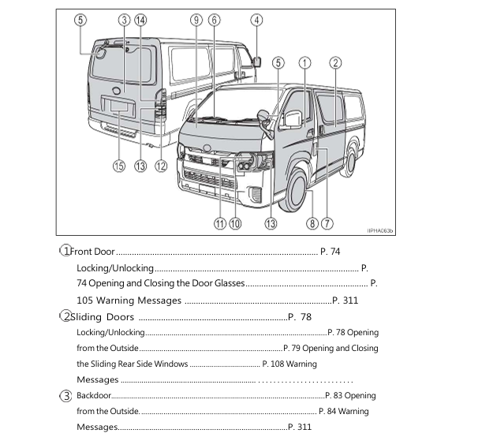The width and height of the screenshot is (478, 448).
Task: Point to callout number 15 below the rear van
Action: pyautogui.click(x=119, y=166)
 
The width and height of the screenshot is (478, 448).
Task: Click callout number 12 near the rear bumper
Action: pyautogui.click(x=161, y=166)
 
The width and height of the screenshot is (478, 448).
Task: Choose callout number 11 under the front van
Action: pyautogui.click(x=219, y=223)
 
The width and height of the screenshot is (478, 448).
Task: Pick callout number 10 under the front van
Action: pyautogui.click(x=235, y=223)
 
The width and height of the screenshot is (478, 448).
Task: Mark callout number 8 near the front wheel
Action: pyautogui.click(x=312, y=223)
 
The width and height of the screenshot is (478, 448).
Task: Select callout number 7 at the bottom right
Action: pyautogui.click(x=327, y=223)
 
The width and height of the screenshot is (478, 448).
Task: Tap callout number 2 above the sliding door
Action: pyautogui.click(x=335, y=62)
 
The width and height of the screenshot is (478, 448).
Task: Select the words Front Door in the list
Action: pyautogui.click(x=94, y=252)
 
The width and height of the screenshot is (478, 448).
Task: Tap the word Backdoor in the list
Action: pyautogui.click(x=94, y=395)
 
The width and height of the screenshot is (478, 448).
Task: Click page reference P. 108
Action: pyautogui.click(x=273, y=364)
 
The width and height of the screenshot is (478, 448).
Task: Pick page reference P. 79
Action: pyautogui.click(x=292, y=348)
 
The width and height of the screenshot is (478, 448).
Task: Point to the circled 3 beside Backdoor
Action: pyautogui.click(x=67, y=395)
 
